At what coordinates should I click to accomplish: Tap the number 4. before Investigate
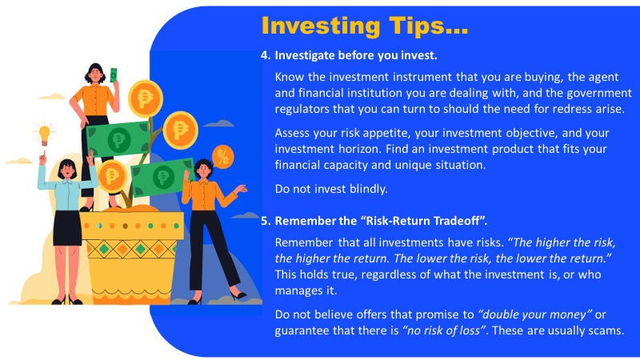pyautogui.click(x=266, y=55)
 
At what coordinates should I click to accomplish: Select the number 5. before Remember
pyautogui.click(x=266, y=222)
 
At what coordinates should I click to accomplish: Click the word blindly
pyautogui.click(x=369, y=189)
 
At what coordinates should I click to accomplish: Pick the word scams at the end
pyautogui.click(x=606, y=330)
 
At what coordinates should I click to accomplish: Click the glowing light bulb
pyautogui.click(x=44, y=134)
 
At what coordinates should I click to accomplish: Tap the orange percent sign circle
pyautogui.click(x=222, y=157)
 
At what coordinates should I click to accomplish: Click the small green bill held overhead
pyautogui.click(x=114, y=75)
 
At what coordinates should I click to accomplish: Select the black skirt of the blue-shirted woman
pyautogui.click(x=67, y=228)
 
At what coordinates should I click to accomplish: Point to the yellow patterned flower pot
pyautogui.click(x=131, y=257)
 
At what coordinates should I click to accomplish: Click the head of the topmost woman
pyautogui.click(x=95, y=74)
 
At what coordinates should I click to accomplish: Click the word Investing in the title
pyautogui.click(x=321, y=26)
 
